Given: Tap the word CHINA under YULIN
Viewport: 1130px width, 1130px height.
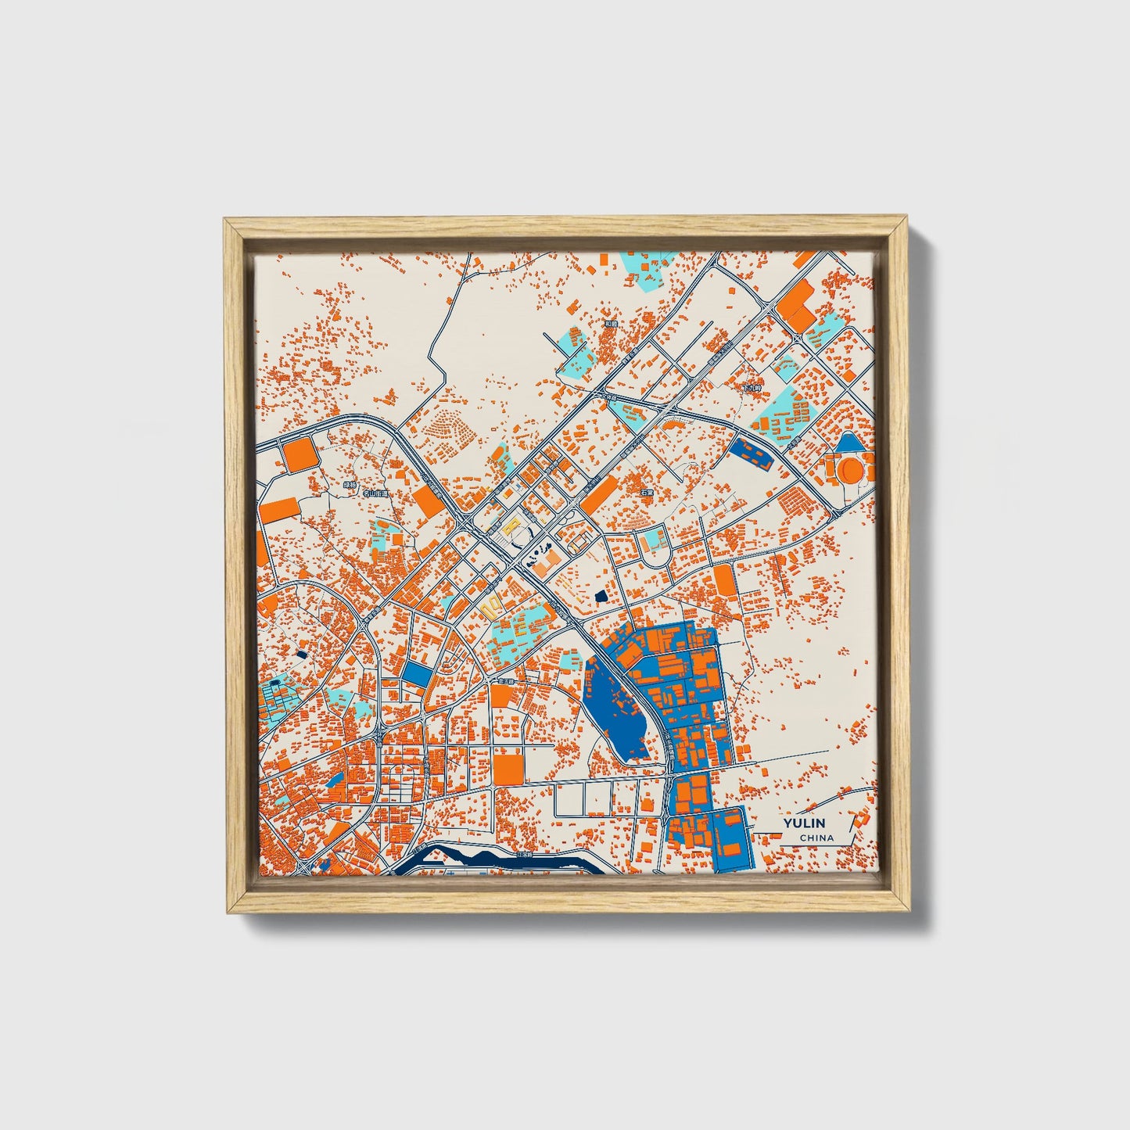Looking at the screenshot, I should click(x=816, y=838).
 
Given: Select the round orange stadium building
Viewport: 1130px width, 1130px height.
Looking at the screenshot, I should click(x=849, y=469).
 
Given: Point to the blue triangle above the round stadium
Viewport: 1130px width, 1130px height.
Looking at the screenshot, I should click(x=848, y=444).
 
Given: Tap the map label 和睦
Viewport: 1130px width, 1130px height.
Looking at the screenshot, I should click(x=611, y=323).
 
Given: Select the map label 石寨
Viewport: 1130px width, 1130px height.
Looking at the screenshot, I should click(x=646, y=493).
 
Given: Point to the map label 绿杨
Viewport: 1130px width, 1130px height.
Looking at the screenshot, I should click(x=350, y=485).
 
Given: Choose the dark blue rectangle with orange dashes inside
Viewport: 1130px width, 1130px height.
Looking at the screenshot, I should click(x=751, y=454).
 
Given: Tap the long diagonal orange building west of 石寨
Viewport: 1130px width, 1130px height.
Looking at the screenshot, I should click(x=600, y=495).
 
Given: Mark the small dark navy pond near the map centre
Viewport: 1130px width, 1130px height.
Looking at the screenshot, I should click(x=601, y=597).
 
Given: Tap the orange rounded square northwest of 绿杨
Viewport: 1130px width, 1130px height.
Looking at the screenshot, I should click(x=298, y=454).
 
